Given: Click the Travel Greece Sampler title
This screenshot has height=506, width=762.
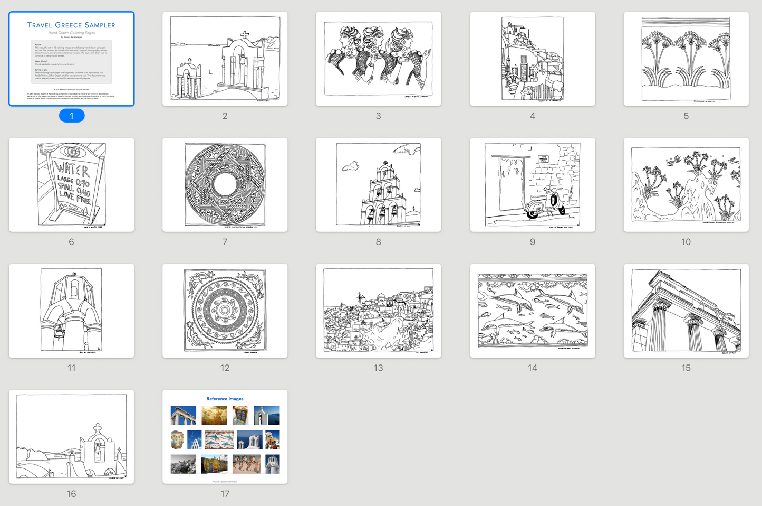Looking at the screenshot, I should point(71,25).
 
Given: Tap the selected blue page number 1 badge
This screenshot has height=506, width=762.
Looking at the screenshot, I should point(72,116).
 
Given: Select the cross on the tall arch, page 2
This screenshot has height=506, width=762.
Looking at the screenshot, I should point(245,36).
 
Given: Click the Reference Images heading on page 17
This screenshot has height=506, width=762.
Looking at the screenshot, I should point(225,399).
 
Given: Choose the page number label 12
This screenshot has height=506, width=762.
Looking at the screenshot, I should point(225,368).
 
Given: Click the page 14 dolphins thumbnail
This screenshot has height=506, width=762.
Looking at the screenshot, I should point(532,311).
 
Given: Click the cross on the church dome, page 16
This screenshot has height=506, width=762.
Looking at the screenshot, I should point(97,427).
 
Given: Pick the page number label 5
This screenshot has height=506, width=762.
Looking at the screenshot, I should point(686,116).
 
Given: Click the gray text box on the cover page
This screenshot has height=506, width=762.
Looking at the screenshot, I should point(71,61).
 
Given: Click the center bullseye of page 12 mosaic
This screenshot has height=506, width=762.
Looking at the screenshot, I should point(225,311).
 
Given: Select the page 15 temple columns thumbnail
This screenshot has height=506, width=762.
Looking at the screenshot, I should point(686,311).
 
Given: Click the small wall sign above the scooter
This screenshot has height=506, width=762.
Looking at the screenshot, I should point(543,159).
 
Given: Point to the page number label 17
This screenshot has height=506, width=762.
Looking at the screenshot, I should point(225,494).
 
